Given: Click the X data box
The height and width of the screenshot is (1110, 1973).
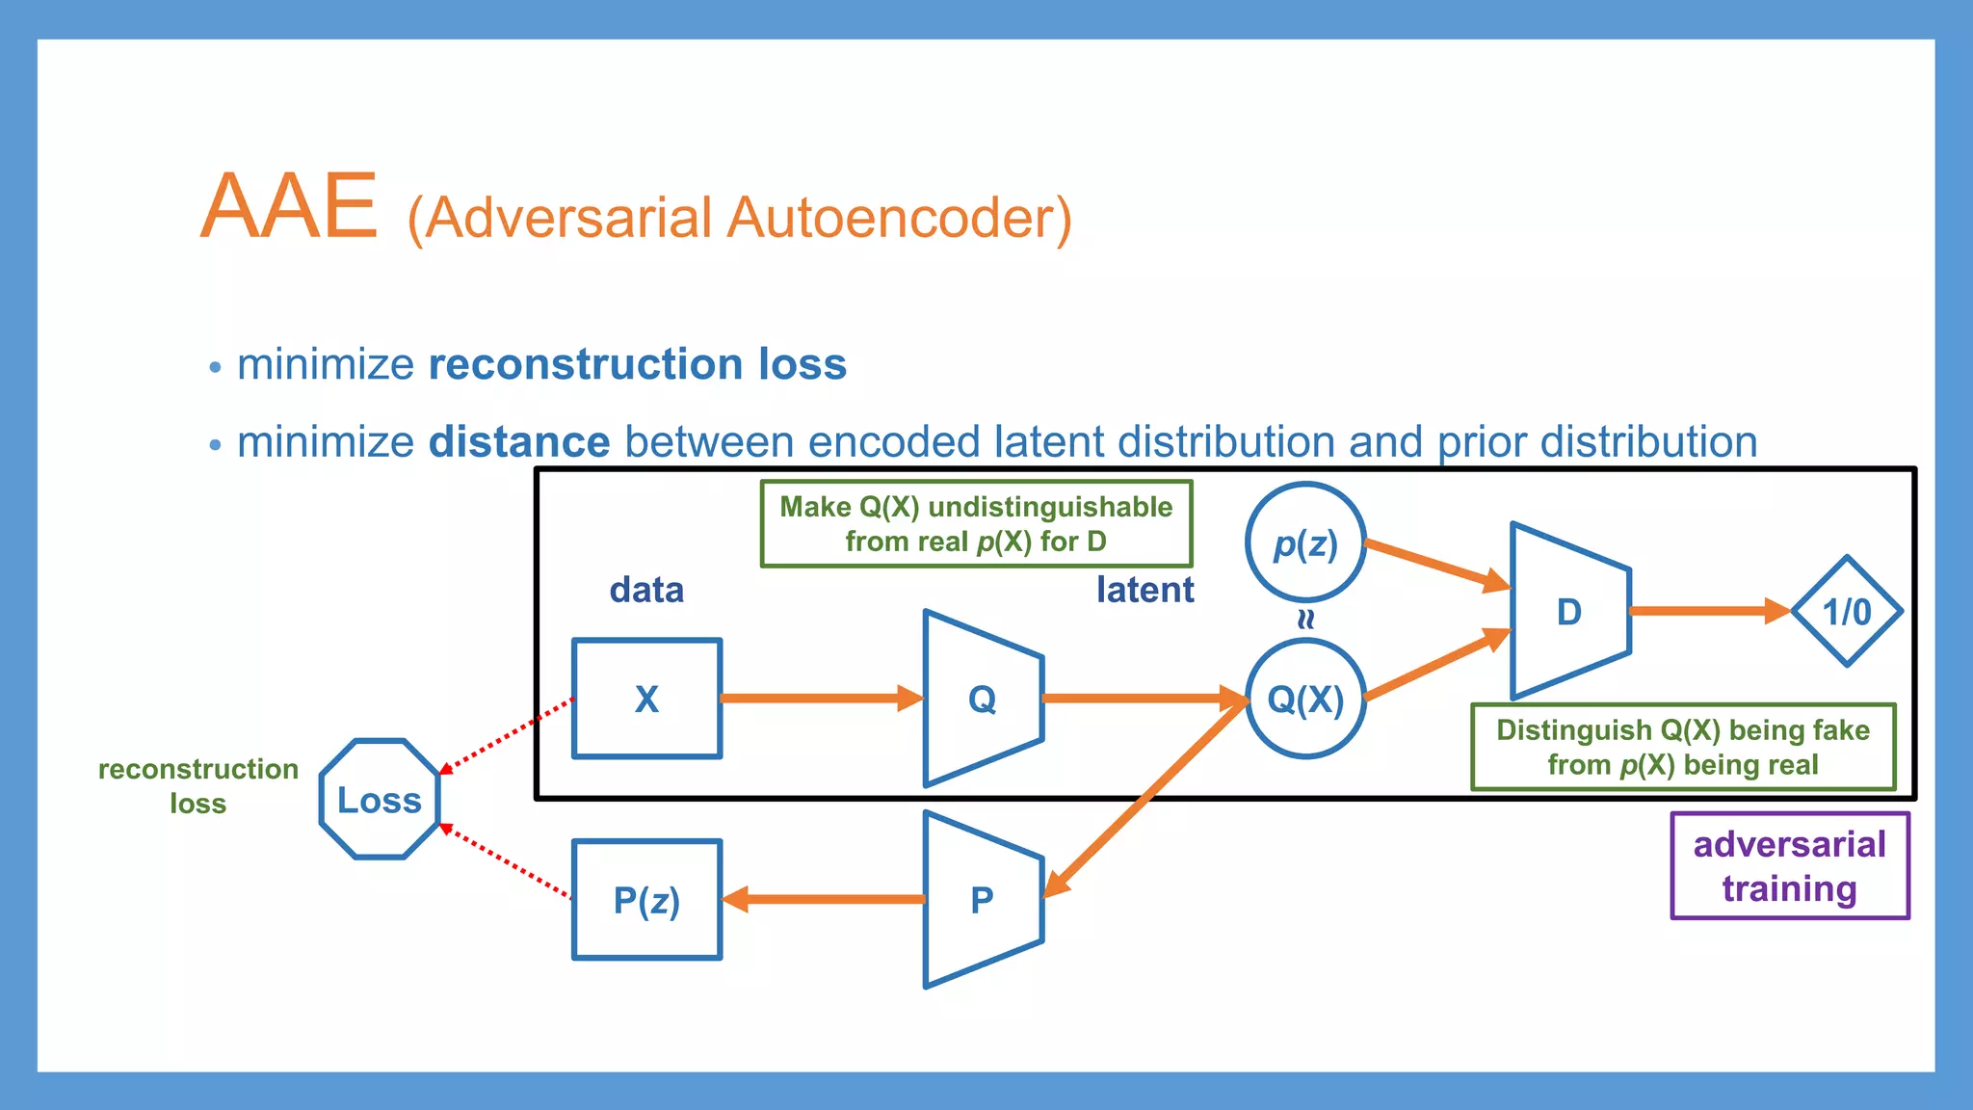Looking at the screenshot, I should coord(646,699).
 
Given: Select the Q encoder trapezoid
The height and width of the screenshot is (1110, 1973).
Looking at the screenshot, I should coord(982,699).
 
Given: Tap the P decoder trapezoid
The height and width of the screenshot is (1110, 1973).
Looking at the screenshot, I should coord(982,900).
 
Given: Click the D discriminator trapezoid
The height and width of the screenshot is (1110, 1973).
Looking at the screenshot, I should coord(1569,611).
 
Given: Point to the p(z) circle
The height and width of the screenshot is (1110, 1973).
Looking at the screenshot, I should coord(1305,543).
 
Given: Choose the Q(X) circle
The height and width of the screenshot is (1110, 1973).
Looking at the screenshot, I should coord(1305,699).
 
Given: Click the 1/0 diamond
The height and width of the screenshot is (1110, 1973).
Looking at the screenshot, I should coord(1847,611).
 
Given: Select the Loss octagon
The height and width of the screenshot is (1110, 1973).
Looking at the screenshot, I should coord(380,799).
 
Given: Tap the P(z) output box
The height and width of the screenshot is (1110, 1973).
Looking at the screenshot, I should coord(646,900).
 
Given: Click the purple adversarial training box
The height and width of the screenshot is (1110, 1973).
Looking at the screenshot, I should coord(1790,865).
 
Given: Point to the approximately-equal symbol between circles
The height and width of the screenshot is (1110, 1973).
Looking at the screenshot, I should coord(1305,620).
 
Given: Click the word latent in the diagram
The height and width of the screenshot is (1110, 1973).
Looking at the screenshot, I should coord(1144,590).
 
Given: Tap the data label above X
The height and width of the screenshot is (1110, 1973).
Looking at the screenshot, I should coord(646,590).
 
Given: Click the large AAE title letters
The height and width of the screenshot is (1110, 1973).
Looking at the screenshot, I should coord(289,206).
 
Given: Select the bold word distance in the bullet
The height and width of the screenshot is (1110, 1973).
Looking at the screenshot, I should coord(519,442).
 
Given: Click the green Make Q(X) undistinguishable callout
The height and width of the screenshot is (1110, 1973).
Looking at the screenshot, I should coord(976,524).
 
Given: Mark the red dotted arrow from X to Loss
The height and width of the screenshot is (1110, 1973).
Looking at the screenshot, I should coord(506,735).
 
